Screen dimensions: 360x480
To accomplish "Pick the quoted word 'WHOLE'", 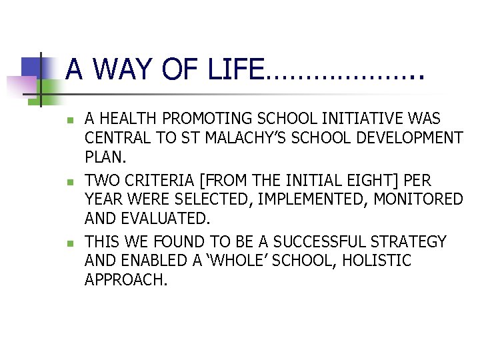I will point(248,261).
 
